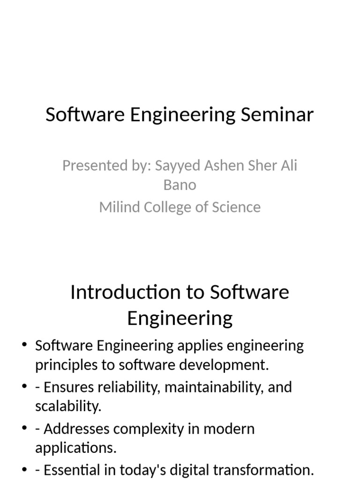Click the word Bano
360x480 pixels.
[180, 185]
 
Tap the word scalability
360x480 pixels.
[68, 406]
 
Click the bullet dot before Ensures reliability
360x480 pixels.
[24, 387]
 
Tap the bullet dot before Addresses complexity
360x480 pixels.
[24, 428]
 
